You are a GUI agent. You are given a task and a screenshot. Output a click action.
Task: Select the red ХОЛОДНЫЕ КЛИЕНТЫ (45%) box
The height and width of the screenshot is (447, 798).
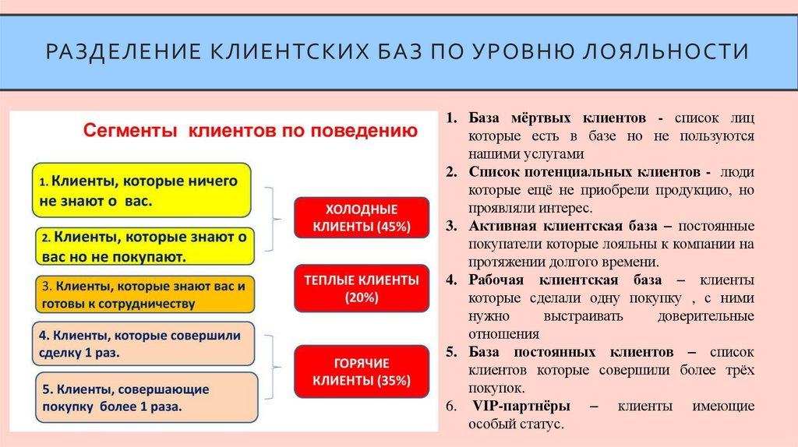pyautogui.click(x=361, y=218)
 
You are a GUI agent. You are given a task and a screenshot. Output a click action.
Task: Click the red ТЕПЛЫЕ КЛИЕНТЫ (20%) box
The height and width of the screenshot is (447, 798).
pyautogui.click(x=361, y=287)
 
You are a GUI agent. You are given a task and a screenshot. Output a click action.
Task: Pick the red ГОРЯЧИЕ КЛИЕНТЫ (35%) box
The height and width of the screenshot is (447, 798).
pyautogui.click(x=361, y=371)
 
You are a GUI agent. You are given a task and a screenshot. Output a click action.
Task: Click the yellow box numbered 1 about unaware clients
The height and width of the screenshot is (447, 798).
pyautogui.click(x=141, y=190)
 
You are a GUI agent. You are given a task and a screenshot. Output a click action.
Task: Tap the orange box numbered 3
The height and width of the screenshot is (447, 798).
pyautogui.click(x=144, y=294)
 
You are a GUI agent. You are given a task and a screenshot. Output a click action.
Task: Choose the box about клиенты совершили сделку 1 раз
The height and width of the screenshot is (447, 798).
pyautogui.click(x=144, y=343)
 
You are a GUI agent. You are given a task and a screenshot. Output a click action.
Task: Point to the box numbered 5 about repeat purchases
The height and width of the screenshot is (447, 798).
pyautogui.click(x=144, y=396)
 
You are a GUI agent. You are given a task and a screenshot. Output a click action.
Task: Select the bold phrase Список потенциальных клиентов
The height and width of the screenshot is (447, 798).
pyautogui.click(x=589, y=172)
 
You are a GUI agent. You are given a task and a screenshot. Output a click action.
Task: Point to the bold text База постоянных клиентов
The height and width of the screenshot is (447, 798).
pyautogui.click(x=570, y=352)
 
